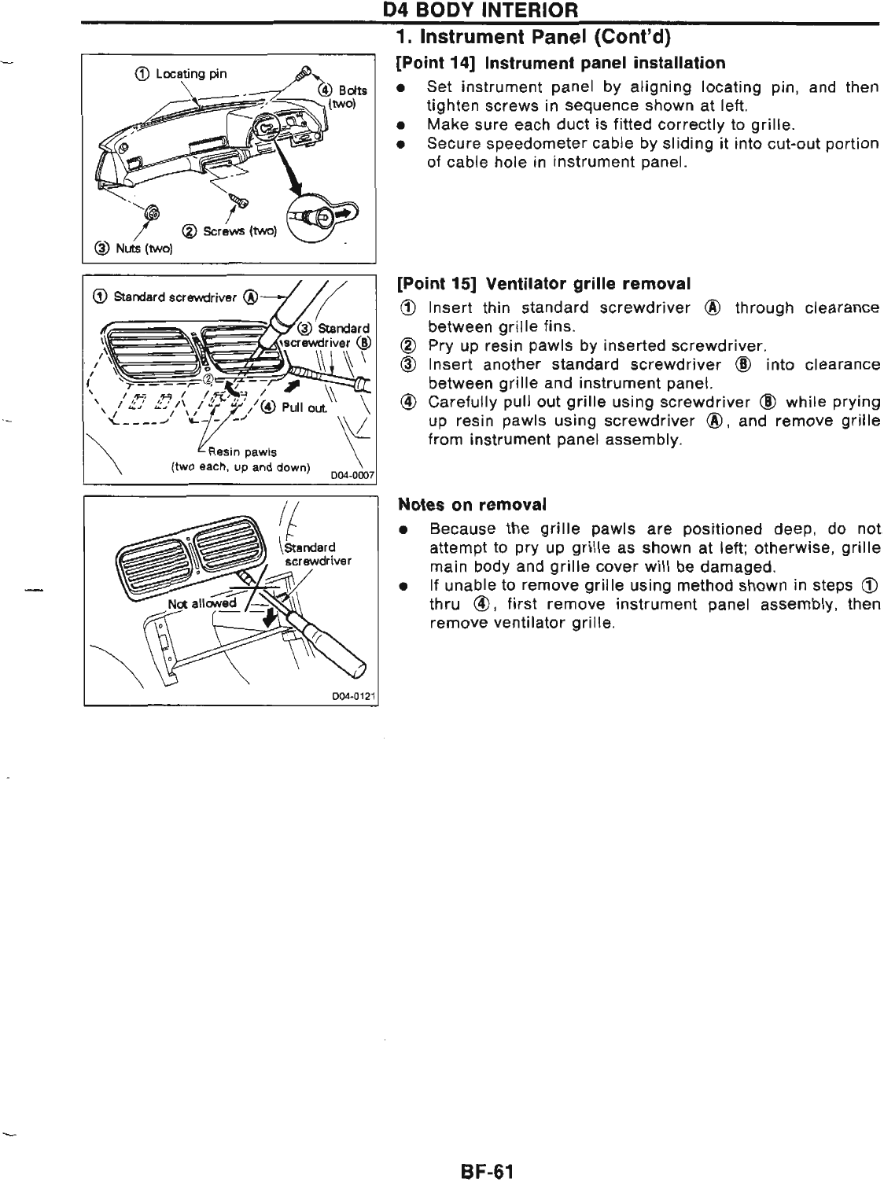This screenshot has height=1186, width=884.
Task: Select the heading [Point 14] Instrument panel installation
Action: [x=562, y=62]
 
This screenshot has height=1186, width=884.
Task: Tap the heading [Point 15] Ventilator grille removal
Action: [x=544, y=283]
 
